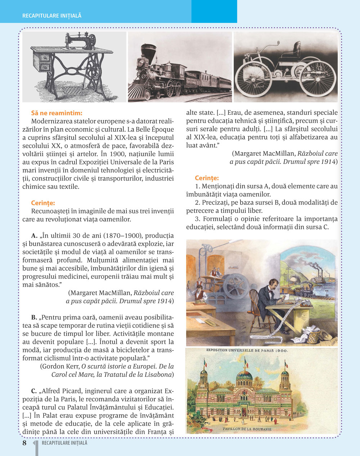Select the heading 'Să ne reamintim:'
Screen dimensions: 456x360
(x=57, y=113)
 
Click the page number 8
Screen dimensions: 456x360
(x=24, y=443)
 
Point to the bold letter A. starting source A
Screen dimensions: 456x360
(x=35, y=236)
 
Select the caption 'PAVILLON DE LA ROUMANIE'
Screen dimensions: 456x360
(x=247, y=429)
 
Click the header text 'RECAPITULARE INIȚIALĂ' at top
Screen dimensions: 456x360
(x=52, y=16)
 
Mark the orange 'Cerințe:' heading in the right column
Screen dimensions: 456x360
(x=207, y=178)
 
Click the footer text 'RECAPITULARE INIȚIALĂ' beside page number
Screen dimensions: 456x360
(x=64, y=443)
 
